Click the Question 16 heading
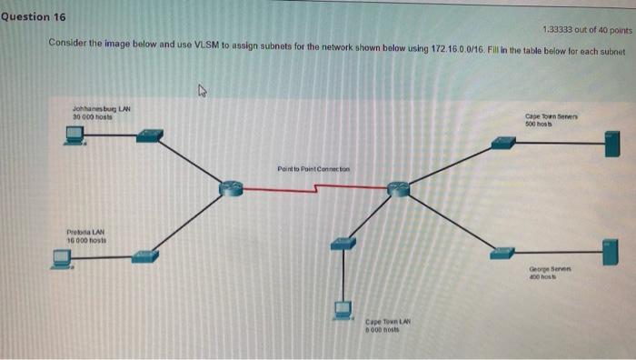coord(34,17)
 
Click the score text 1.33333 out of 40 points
coord(581,29)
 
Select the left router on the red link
coord(231,188)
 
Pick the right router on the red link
coord(398,188)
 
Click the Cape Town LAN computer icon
coord(343,310)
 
